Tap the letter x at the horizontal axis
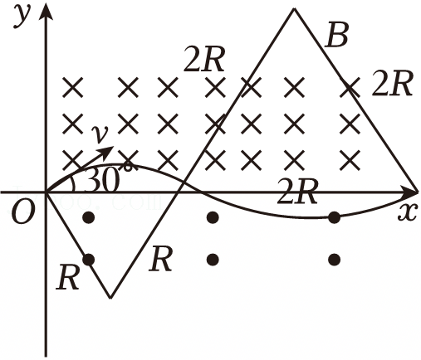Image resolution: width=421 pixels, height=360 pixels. [407, 212]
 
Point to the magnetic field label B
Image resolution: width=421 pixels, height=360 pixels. [336, 35]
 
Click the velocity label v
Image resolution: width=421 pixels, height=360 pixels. [100, 134]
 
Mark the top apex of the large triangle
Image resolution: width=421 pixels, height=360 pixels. [294, 9]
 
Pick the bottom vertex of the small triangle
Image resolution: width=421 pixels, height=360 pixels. [110, 298]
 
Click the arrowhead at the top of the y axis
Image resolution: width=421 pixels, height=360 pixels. [46, 11]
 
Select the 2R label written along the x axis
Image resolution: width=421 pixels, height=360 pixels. [297, 192]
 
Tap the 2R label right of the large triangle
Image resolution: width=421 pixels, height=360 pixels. [392, 83]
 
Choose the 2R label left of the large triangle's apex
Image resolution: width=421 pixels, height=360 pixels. [204, 59]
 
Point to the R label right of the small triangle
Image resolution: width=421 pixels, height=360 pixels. [160, 259]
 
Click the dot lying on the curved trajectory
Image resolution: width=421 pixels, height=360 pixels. [335, 217]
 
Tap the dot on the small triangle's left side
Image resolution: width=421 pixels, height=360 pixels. [89, 260]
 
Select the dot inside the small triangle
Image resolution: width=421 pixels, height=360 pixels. [89, 217]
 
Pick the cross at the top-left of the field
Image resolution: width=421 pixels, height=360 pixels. [72, 87]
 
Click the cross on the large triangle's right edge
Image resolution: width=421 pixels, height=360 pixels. [350, 87]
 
